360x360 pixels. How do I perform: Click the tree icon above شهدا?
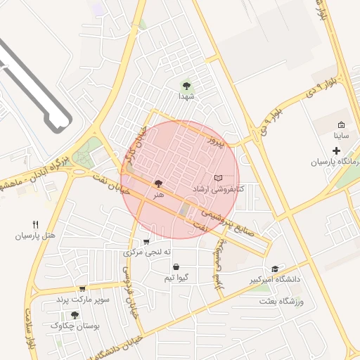pyautogui.click(x=186, y=85)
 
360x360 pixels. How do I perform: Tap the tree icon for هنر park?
pyautogui.click(x=157, y=183)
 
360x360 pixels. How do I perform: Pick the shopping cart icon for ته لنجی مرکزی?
pyautogui.click(x=146, y=241)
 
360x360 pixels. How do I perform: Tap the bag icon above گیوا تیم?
pyautogui.click(x=175, y=267)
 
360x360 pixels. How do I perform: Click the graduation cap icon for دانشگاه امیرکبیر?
pyautogui.click(x=275, y=269)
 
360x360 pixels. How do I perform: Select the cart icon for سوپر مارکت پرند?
pyautogui.click(x=82, y=288)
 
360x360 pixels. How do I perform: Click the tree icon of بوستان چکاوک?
pyautogui.click(x=75, y=315)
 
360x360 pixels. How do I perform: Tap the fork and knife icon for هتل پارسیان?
pyautogui.click(x=36, y=224)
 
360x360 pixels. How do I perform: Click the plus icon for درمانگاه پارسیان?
pyautogui.click(x=336, y=150)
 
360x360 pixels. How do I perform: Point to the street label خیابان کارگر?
pyautogui.click(x=132, y=144)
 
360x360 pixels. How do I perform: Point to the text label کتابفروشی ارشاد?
pyautogui.click(x=218, y=190)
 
